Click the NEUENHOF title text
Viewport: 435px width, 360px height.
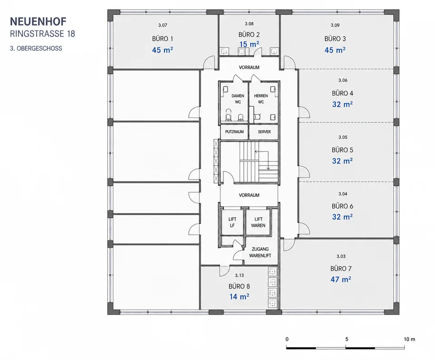pyautogui.click(x=38, y=22)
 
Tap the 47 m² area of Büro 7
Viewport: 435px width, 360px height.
pyautogui.click(x=341, y=279)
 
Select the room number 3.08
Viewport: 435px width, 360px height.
pyautogui.click(x=249, y=24)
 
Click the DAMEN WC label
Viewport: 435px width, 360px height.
pyautogui.click(x=238, y=99)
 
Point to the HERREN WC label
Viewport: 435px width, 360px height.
pyautogui.click(x=261, y=99)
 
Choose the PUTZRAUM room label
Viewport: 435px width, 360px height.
pyautogui.click(x=234, y=132)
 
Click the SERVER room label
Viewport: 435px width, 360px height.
pyautogui.click(x=264, y=132)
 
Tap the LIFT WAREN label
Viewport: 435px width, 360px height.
pyautogui.click(x=258, y=222)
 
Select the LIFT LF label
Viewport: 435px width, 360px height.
pyautogui.click(x=232, y=222)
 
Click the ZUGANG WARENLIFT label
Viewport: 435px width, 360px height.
pyautogui.click(x=260, y=252)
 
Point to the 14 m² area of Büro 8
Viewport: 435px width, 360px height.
pyautogui.click(x=239, y=297)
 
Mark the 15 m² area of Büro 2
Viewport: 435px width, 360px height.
pyautogui.click(x=249, y=44)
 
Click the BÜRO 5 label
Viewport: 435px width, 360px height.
pyautogui.click(x=343, y=150)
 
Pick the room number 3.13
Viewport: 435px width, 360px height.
pyautogui.click(x=239, y=276)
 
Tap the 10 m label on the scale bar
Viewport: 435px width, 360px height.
pyautogui.click(x=410, y=339)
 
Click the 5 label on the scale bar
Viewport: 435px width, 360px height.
pyautogui.click(x=347, y=339)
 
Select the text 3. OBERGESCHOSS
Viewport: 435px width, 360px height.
pyautogui.click(x=36, y=49)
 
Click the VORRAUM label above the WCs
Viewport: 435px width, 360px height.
pyautogui.click(x=249, y=68)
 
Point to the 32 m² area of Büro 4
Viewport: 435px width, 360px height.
pyautogui.click(x=343, y=104)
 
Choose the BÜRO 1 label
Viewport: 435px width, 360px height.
pyautogui.click(x=163, y=39)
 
